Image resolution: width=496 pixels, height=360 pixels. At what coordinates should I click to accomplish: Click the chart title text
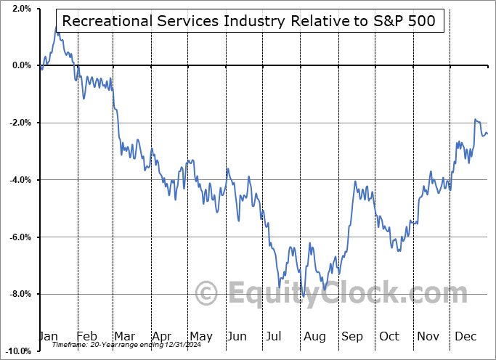coord(248,21)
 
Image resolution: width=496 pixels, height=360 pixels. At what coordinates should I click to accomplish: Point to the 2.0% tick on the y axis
coord(21,9)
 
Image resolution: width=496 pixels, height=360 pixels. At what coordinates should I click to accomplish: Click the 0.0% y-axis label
coord(21,65)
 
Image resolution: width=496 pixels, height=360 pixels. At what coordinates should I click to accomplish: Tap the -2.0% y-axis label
coord(20,123)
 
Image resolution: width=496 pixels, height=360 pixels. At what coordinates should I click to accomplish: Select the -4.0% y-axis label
coord(20,180)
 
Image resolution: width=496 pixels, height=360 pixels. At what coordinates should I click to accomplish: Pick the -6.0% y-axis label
coord(20,237)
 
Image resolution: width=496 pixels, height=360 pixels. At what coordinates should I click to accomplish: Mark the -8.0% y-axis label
coord(20,294)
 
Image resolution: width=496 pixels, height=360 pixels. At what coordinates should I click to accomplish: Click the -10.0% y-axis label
coord(18,351)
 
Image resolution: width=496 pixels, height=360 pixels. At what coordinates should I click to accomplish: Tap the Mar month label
coord(123,337)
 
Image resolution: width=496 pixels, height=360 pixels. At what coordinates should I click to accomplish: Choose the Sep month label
coord(352,337)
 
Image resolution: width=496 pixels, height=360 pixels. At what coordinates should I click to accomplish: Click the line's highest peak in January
coord(57,27)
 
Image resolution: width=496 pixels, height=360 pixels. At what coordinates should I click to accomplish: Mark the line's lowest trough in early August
coord(304,297)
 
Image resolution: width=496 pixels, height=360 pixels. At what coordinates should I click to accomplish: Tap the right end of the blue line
coord(487,134)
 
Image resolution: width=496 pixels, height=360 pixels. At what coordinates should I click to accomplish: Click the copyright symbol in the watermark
coord(207,294)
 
